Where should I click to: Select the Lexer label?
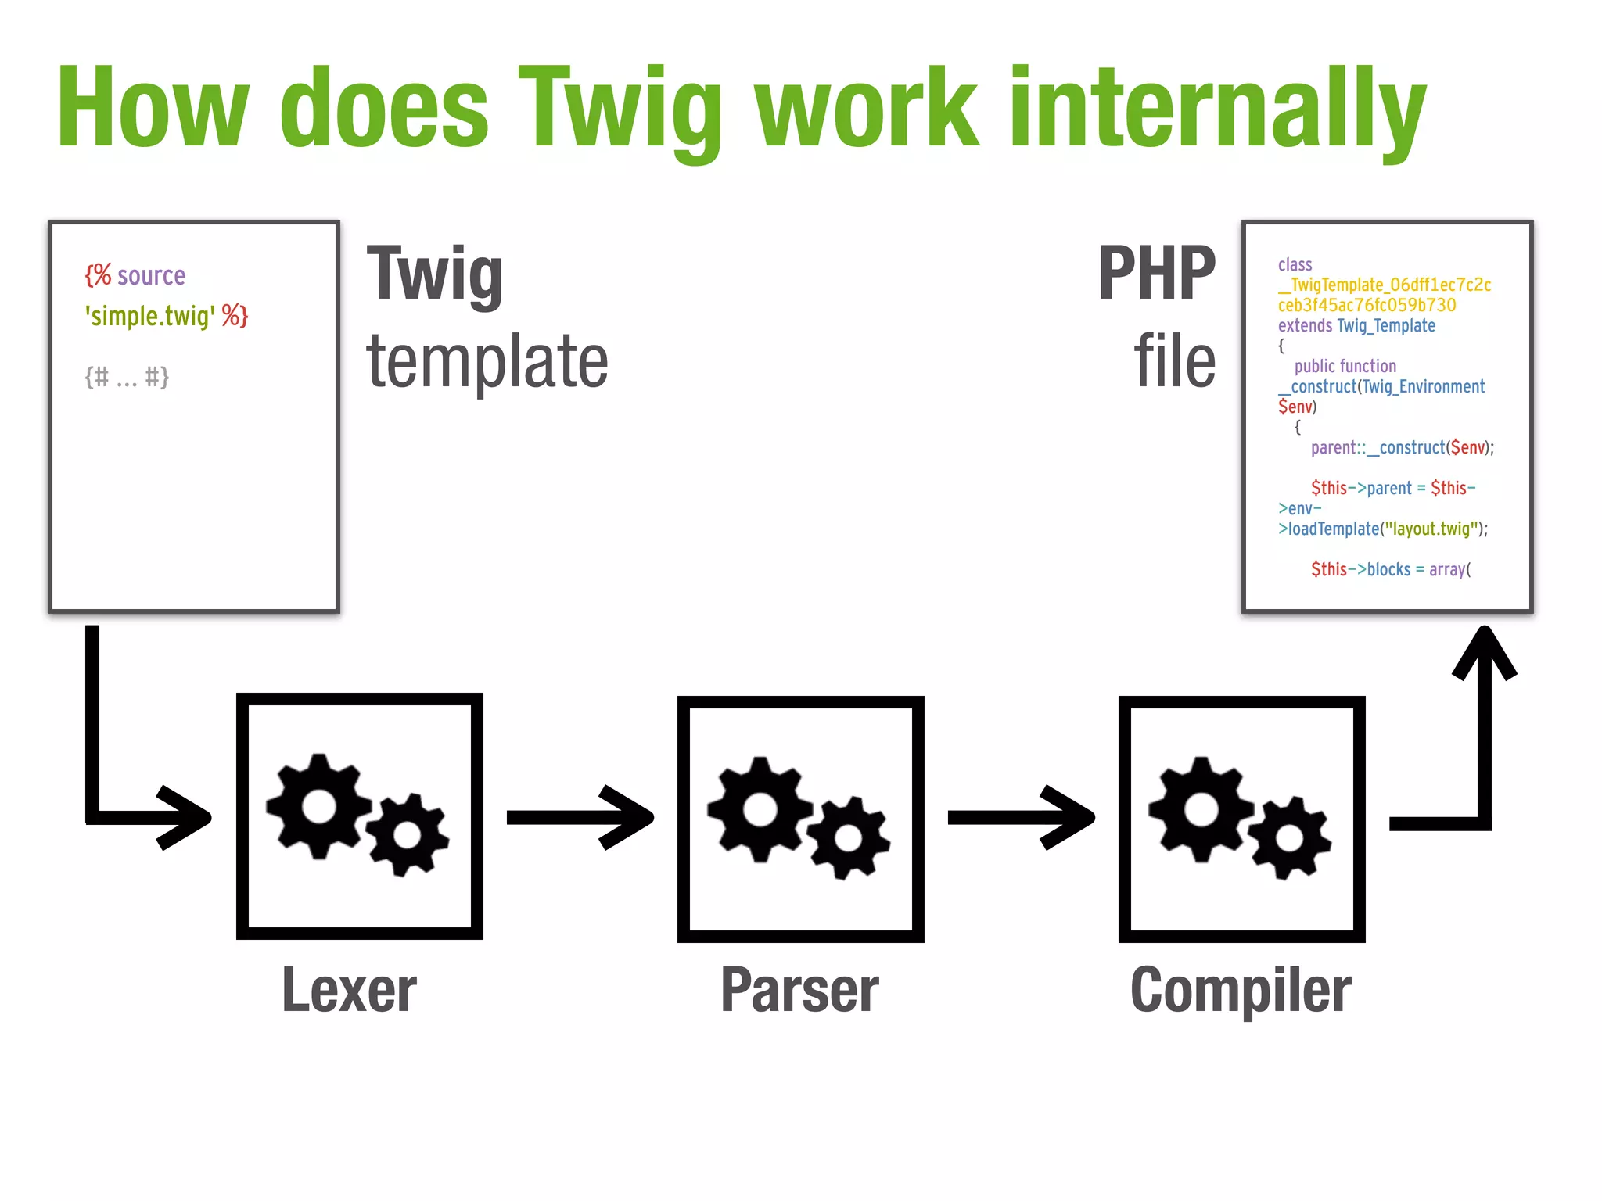[x=349, y=990]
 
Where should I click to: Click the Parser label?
[x=799, y=990]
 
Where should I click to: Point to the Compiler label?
[x=1241, y=990]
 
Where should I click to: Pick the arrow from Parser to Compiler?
[x=1021, y=818]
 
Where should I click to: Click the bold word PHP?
[x=1156, y=273]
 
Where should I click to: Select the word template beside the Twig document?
[x=487, y=360]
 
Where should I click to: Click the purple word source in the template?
[x=151, y=275]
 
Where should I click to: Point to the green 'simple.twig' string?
[x=150, y=316]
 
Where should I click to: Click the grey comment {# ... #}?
[x=127, y=377]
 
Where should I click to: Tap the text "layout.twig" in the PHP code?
[x=1431, y=529]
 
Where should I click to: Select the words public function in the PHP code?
[x=1345, y=366]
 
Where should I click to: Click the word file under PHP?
[x=1175, y=360]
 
